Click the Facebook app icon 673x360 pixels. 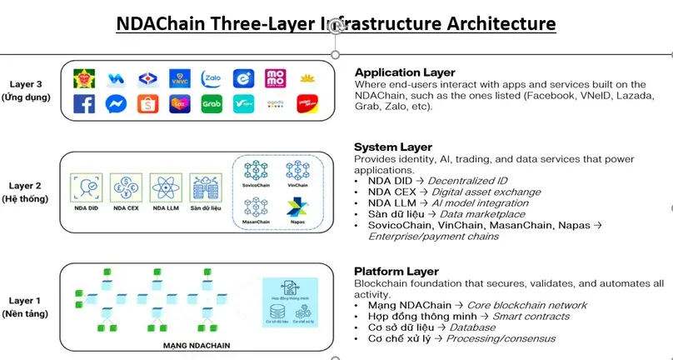click(84, 103)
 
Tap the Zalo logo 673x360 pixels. click(212, 78)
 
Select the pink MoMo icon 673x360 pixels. click(276, 78)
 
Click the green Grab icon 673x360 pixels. click(212, 104)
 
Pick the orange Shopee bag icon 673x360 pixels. click(147, 104)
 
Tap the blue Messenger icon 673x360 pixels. click(116, 104)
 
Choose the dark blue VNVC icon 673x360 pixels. click(179, 78)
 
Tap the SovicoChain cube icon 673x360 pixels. click(254, 170)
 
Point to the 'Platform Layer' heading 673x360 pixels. click(395, 272)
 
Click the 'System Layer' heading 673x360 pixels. click(392, 147)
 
